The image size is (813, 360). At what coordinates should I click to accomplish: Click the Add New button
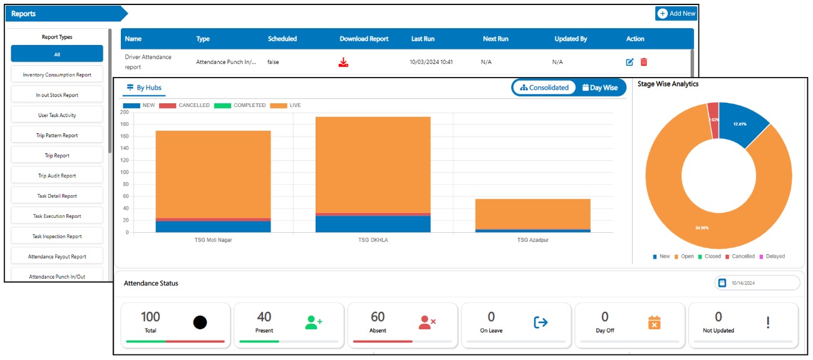[676, 14]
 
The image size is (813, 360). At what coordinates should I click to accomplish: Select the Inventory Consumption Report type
[57, 75]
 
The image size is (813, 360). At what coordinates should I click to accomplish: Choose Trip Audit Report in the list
[57, 176]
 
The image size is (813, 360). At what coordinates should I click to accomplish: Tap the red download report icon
[343, 62]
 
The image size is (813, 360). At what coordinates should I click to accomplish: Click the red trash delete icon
[644, 62]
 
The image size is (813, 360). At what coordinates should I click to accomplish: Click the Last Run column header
[423, 39]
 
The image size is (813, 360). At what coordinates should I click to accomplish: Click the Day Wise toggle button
[600, 88]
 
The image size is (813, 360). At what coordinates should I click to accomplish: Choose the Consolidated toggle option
[544, 88]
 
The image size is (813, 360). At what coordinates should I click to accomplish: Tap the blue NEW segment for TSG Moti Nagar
[213, 227]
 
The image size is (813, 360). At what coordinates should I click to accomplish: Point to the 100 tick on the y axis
[124, 172]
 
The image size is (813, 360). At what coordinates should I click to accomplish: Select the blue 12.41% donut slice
[742, 125]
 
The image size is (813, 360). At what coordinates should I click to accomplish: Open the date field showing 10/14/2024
[757, 283]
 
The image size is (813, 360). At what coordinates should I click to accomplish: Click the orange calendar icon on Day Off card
[654, 322]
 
